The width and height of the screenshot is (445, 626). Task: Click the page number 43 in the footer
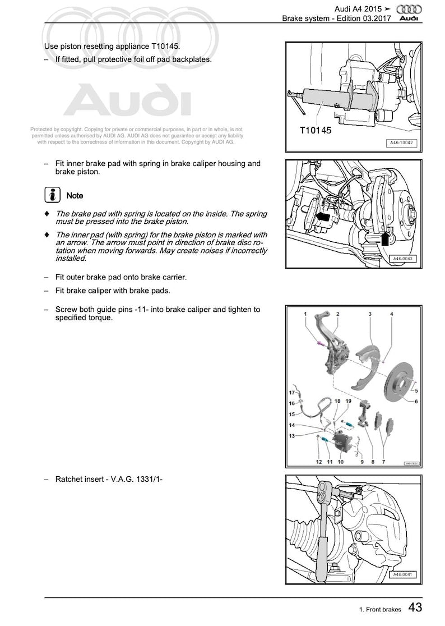click(x=415, y=607)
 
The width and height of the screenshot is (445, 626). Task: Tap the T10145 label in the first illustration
click(x=315, y=131)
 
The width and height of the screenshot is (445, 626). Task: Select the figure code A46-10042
click(x=402, y=144)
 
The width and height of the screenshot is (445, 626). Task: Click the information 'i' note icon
click(x=52, y=195)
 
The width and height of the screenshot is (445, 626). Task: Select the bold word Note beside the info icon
click(x=75, y=196)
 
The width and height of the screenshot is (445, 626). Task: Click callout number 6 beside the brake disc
click(x=416, y=402)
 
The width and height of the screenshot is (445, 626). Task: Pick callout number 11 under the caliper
click(x=330, y=462)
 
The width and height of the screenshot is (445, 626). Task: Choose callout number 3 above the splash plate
click(x=370, y=314)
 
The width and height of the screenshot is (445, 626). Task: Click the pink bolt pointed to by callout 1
click(x=319, y=343)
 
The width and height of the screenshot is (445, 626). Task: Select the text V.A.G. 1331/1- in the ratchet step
click(x=135, y=479)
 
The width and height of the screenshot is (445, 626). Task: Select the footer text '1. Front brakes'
click(x=379, y=610)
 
